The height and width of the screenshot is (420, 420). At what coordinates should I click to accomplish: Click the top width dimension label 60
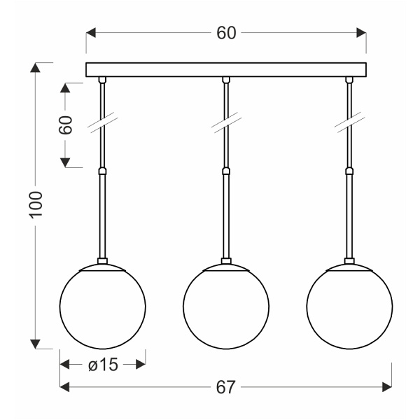pos(226,33)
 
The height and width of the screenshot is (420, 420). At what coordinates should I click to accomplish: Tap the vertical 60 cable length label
pos(65,126)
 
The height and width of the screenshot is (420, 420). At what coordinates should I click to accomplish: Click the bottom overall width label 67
pos(225,386)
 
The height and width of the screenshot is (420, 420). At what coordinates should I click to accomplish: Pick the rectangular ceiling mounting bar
pos(226,69)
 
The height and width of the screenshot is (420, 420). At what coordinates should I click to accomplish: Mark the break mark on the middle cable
pos(225,125)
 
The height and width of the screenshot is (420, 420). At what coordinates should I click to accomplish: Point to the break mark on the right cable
pos(348,125)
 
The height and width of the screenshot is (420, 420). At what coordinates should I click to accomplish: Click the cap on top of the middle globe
pos(225,265)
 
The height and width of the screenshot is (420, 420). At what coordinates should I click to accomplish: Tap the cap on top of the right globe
pos(348,265)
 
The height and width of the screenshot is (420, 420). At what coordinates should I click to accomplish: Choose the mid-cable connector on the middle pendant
pos(225,170)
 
